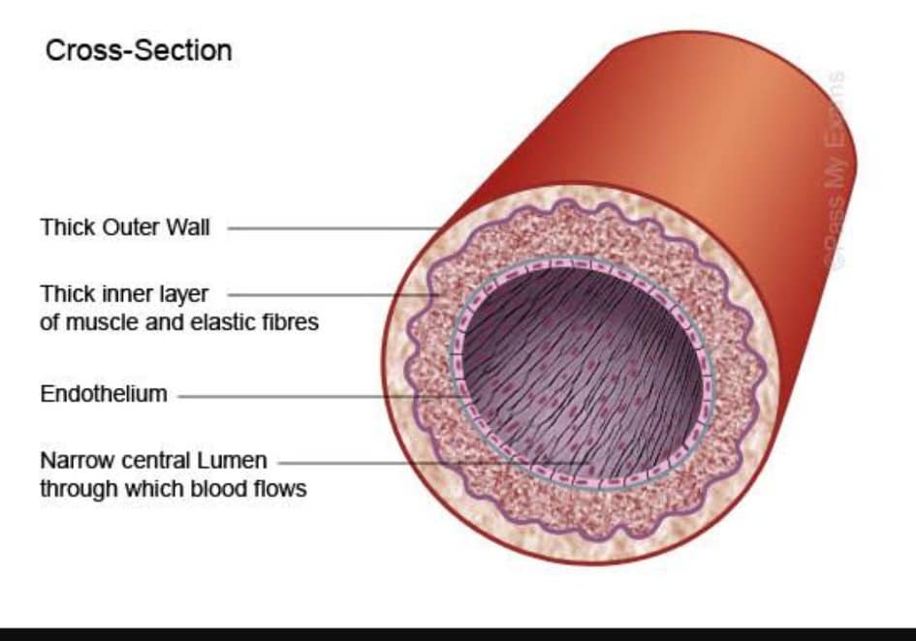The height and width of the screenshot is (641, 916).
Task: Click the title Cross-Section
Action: click(139, 50)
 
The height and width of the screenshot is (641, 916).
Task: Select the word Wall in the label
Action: click(188, 228)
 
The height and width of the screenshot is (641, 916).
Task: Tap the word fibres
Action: click(291, 321)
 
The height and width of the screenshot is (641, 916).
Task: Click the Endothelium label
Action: click(104, 394)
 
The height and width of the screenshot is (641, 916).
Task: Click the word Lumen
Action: click(232, 461)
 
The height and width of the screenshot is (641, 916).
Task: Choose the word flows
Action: click(280, 489)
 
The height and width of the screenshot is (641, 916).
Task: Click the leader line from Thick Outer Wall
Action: click(333, 229)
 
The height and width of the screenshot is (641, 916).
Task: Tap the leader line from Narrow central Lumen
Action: click(434, 464)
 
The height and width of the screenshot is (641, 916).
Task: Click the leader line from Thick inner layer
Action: click(333, 294)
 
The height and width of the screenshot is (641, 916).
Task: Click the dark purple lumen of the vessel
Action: click(582, 374)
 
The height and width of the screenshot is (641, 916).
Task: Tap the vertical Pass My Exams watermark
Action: click(836, 170)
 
